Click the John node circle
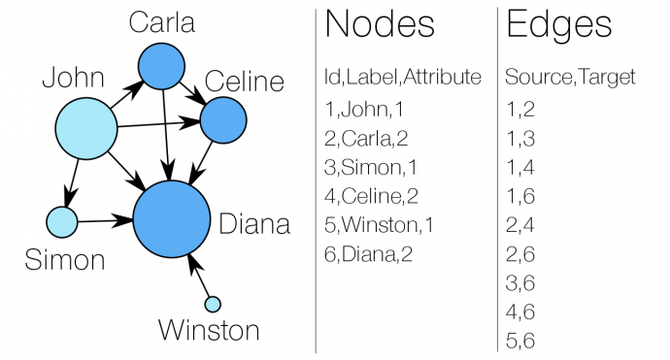(85, 129)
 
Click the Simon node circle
(62, 222)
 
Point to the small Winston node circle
(213, 304)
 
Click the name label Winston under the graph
(210, 331)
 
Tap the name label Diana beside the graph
(254, 225)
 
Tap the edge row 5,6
(520, 342)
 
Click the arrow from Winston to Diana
(201, 277)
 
